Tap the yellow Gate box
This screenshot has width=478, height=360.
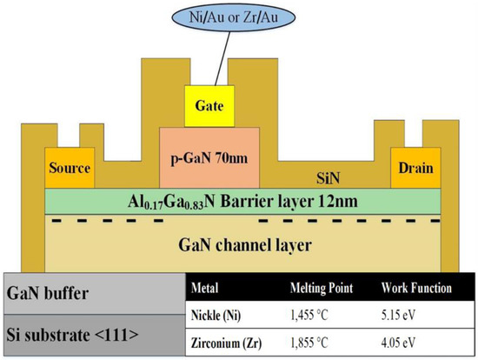point(210,107)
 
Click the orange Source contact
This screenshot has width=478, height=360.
point(67,168)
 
